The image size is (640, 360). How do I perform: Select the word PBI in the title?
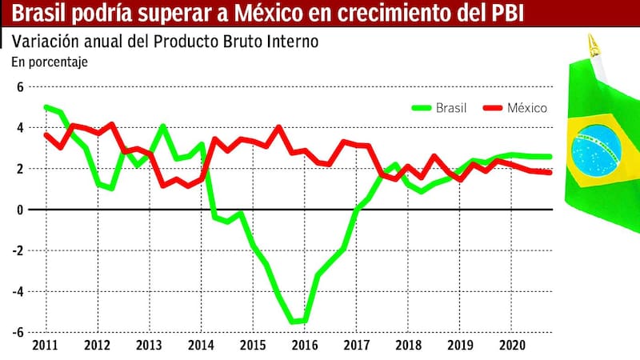(x=506, y=14)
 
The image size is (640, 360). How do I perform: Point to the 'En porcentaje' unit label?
(x=50, y=61)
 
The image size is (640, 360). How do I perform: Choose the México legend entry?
(x=517, y=107)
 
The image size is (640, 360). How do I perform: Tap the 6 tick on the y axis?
(x=21, y=86)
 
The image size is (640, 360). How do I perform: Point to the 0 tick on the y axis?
(x=21, y=210)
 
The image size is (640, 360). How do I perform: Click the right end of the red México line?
(x=550, y=173)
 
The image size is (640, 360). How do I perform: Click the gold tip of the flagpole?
(x=592, y=42)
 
